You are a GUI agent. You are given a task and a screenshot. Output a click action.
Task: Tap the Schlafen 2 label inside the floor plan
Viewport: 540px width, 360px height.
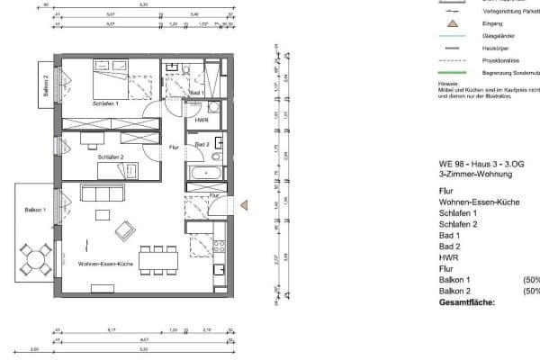click(x=111, y=157)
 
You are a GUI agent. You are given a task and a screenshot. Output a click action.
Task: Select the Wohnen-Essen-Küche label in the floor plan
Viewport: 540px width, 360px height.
click(x=107, y=263)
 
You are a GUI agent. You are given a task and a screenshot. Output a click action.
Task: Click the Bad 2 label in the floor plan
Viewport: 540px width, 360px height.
click(x=202, y=144)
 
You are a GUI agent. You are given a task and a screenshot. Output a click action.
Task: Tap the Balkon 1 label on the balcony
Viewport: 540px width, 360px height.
click(x=36, y=210)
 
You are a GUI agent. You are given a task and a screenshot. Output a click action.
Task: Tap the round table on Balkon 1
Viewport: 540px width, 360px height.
click(x=38, y=260)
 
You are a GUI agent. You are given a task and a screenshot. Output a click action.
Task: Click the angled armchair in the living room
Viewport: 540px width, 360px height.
click(x=121, y=232)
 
